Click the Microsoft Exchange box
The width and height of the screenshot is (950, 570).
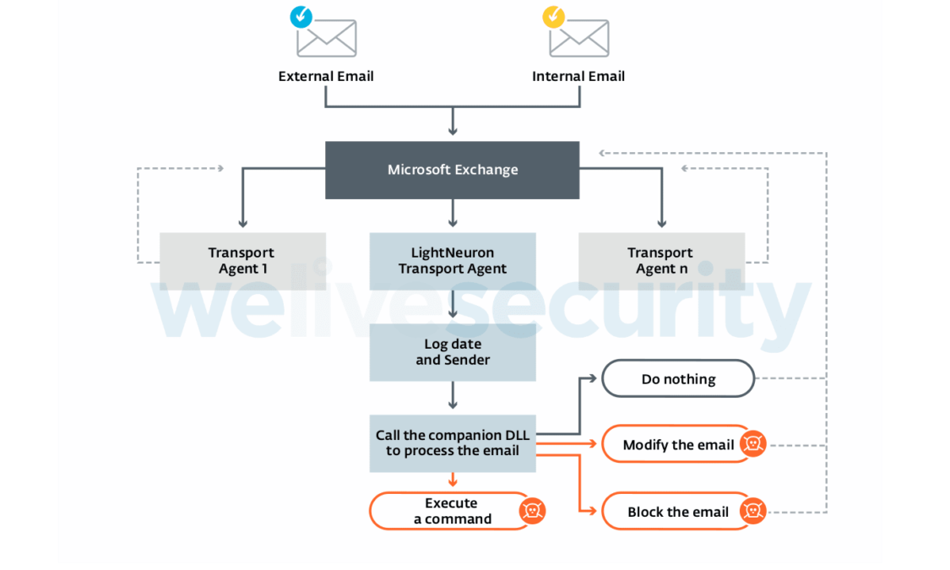coord(452,170)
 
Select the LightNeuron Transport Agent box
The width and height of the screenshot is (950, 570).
coord(452,260)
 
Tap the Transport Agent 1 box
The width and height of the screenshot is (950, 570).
coord(242,260)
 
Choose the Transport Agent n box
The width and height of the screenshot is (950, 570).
coord(660,260)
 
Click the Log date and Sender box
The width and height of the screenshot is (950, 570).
coord(452,352)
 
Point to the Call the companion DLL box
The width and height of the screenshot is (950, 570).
coord(452,442)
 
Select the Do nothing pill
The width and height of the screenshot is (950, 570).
coord(677,379)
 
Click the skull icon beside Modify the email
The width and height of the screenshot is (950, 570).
coord(752,444)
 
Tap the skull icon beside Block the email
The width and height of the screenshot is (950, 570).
coord(752,511)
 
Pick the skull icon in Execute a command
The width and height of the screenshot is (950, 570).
coord(532,510)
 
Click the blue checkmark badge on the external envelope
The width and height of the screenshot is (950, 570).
coord(300,16)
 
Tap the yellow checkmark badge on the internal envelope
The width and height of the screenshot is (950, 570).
coord(553,16)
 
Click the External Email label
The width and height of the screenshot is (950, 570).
coord(325,76)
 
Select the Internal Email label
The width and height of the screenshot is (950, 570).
coord(578,76)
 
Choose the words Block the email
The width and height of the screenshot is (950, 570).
coord(677,512)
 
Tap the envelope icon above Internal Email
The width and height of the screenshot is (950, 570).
coord(579,38)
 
